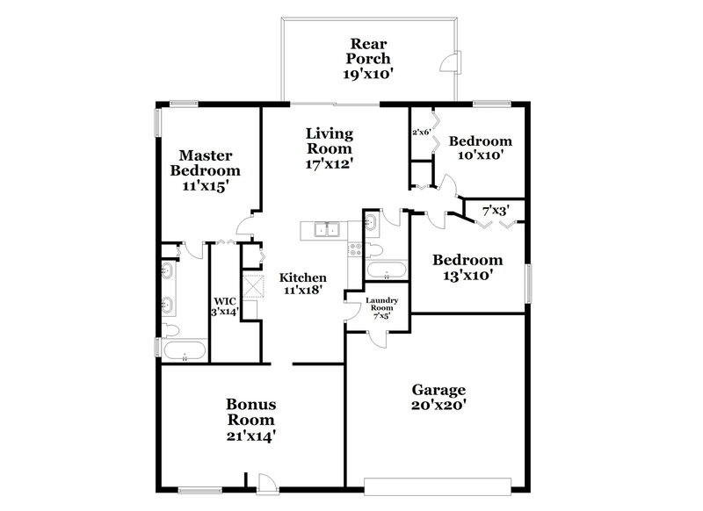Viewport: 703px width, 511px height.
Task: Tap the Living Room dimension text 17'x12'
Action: click(330, 163)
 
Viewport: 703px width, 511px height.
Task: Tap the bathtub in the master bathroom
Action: click(185, 353)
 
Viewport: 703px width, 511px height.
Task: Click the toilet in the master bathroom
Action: click(170, 331)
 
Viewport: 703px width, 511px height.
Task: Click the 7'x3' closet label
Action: click(502, 211)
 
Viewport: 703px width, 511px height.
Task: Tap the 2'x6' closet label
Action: click(421, 133)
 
